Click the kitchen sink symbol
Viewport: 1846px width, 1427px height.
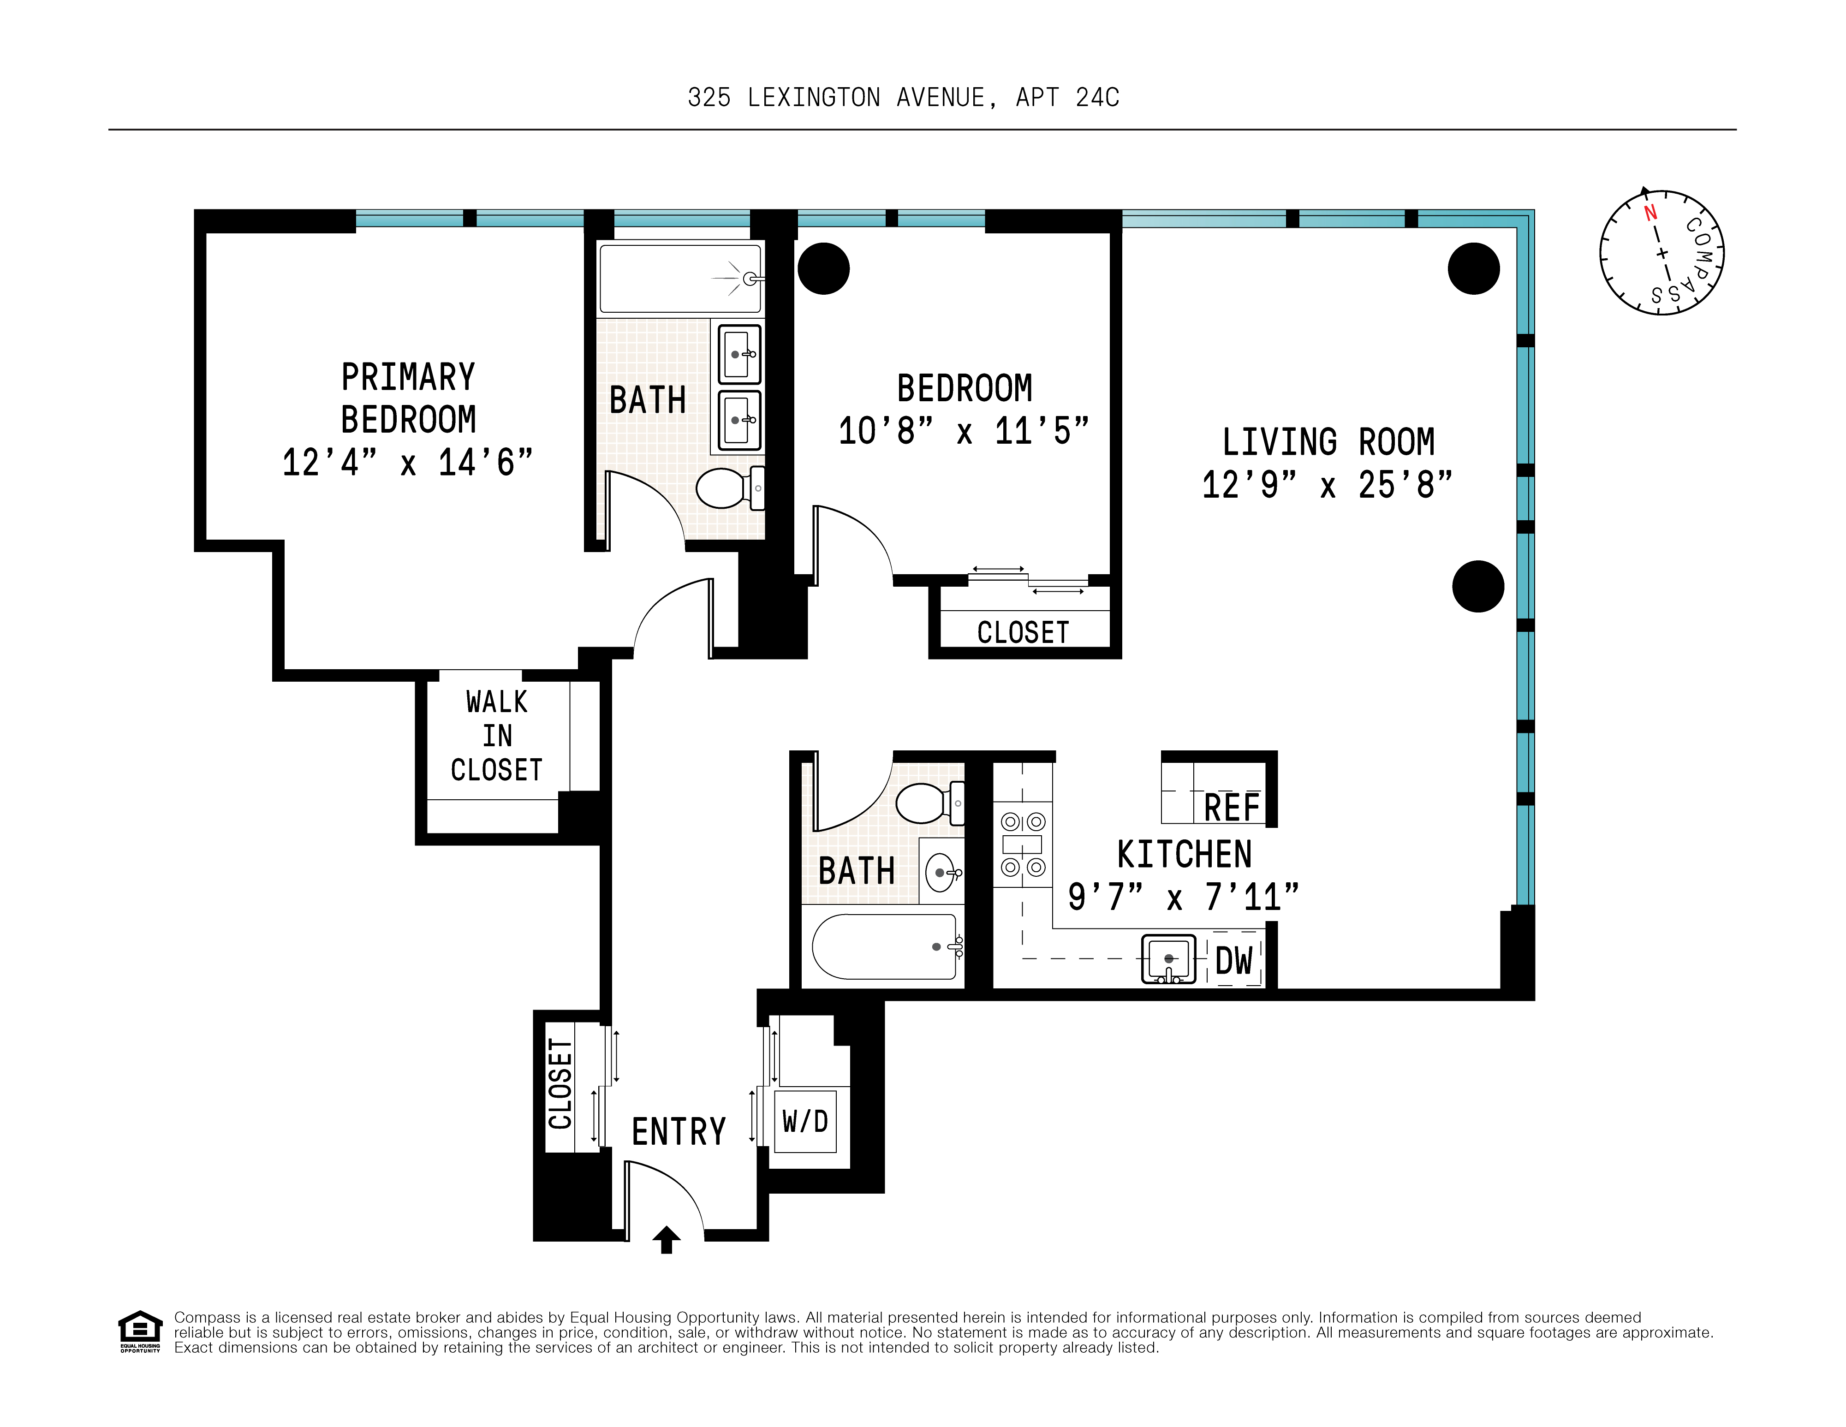click(x=1169, y=959)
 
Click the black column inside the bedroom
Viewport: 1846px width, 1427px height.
click(x=823, y=269)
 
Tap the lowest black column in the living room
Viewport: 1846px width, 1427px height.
click(x=1477, y=586)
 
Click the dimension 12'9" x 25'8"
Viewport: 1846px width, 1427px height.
click(x=1327, y=485)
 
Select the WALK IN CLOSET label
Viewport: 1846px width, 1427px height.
click(x=496, y=736)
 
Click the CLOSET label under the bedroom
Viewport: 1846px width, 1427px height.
click(x=1023, y=632)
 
